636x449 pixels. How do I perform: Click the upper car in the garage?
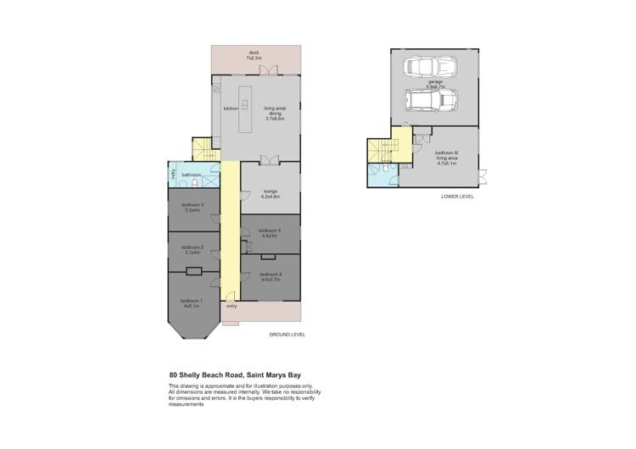(431, 67)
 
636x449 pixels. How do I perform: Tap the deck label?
(254, 54)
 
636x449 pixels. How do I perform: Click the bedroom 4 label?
(271, 277)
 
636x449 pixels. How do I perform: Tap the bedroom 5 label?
(271, 233)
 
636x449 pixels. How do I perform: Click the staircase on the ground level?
(202, 151)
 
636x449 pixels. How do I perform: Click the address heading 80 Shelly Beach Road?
(234, 374)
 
